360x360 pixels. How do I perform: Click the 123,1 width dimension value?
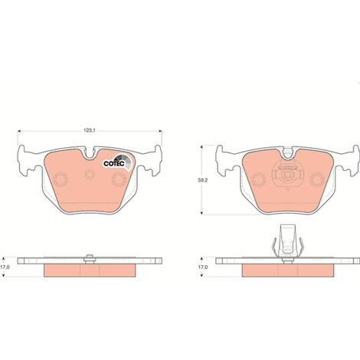pyautogui.click(x=90, y=130)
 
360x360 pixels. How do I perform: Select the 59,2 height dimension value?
pyautogui.click(x=203, y=180)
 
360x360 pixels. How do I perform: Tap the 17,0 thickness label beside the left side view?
pyautogui.click(x=5, y=267)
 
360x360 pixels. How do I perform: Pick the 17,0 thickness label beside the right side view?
pyautogui.click(x=203, y=267)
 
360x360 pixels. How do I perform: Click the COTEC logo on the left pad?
pyautogui.click(x=118, y=162)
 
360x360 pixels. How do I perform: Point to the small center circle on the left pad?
pyautogui.click(x=90, y=175)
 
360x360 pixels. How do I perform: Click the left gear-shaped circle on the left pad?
pyautogui.click(x=61, y=179)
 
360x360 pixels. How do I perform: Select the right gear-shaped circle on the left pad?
pyautogui.click(x=119, y=179)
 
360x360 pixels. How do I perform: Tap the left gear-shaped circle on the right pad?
pyautogui.click(x=259, y=179)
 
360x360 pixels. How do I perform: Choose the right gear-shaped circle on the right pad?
pyautogui.click(x=317, y=179)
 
